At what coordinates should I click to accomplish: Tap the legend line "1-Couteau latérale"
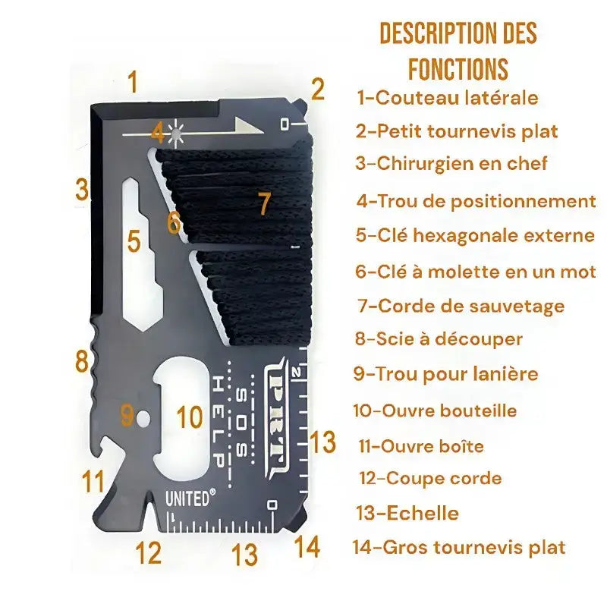click(448, 98)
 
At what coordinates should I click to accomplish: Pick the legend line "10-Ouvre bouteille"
click(445, 410)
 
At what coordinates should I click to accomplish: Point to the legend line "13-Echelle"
click(408, 513)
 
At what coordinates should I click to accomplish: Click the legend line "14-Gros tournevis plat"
click(459, 546)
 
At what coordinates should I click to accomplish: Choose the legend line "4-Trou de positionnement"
click(476, 201)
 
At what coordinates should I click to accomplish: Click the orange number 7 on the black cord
click(263, 203)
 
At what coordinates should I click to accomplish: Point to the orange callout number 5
click(134, 242)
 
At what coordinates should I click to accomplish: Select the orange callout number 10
click(190, 417)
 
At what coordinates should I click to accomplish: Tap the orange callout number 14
click(307, 546)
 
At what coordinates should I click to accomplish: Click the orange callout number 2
click(317, 90)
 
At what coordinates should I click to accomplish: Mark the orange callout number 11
click(93, 480)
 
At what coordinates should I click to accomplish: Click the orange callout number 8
click(82, 361)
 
